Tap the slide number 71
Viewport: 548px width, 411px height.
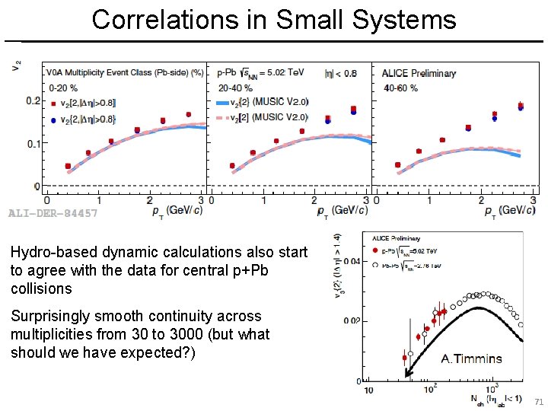click(539, 401)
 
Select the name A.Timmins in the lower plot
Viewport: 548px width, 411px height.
click(472, 358)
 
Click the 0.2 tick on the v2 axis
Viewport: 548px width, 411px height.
click(33, 100)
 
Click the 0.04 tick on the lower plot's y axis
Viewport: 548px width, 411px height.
click(352, 261)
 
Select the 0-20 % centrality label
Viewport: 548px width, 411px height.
click(62, 88)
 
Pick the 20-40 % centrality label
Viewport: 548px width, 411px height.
click(231, 88)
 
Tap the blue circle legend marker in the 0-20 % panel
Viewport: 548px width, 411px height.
click(53, 119)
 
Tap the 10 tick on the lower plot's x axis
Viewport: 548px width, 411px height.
click(368, 390)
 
